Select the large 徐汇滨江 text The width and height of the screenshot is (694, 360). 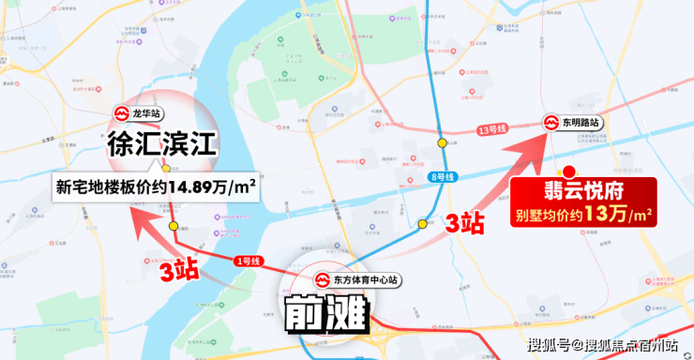click(161, 144)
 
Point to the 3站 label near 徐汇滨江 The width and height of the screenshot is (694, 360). click(178, 272)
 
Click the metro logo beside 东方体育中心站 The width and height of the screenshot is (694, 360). click(320, 279)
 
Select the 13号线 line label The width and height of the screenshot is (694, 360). click(491, 129)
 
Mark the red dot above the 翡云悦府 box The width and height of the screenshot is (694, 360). click(566, 172)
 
